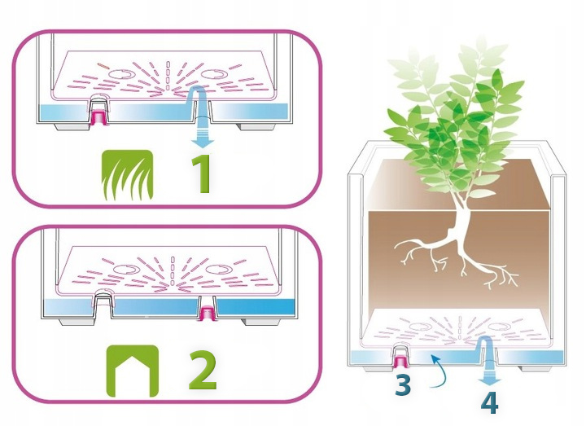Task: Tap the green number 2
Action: (x=202, y=369)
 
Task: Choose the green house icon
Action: (x=130, y=368)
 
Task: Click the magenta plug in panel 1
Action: (x=100, y=116)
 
